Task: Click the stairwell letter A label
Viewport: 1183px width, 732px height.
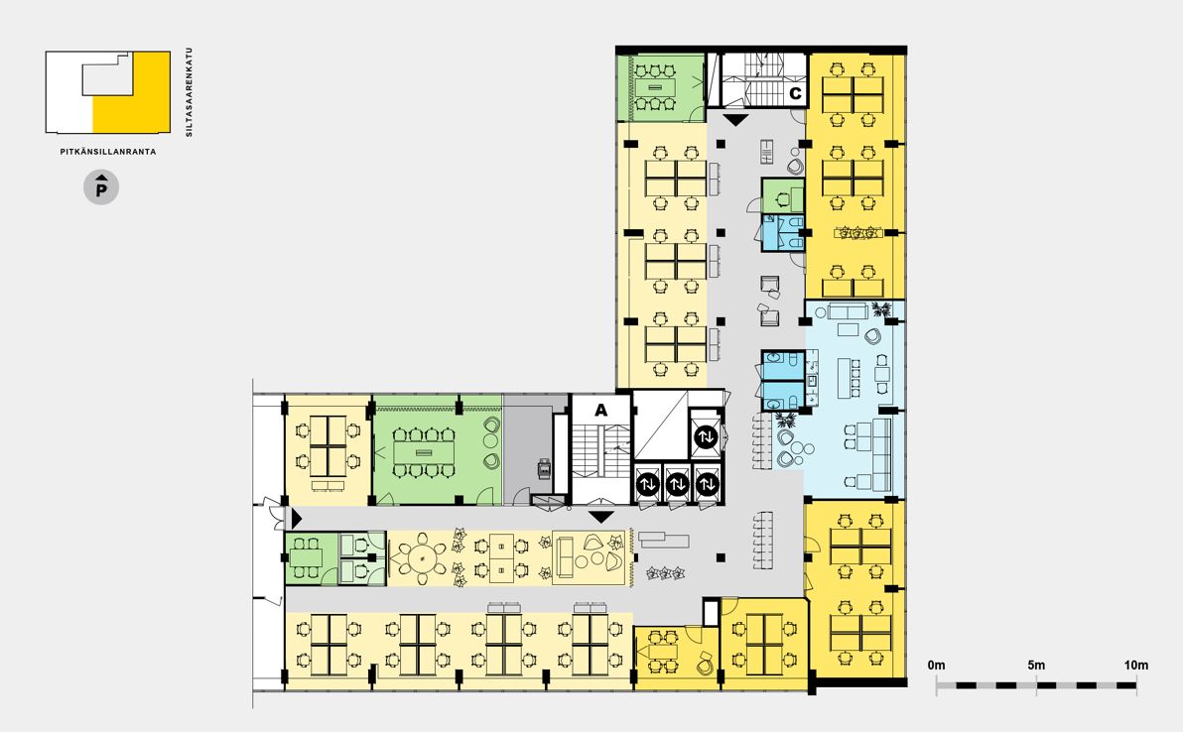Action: [600, 410]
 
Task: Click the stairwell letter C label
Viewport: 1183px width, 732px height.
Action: [795, 94]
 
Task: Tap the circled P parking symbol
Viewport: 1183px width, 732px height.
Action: [101, 186]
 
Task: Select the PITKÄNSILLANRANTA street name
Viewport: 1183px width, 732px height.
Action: [108, 152]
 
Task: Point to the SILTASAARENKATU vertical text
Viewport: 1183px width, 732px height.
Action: [190, 92]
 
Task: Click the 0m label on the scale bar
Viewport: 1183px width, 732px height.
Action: [936, 665]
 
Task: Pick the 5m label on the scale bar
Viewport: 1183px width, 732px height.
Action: [1036, 665]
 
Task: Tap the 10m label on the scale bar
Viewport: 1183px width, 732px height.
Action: [1136, 665]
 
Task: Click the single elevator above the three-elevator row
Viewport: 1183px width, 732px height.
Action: [707, 435]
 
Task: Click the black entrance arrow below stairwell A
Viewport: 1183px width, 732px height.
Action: [601, 517]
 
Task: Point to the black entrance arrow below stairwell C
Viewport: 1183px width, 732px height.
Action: [734, 120]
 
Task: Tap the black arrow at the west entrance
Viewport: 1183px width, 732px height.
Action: [297, 519]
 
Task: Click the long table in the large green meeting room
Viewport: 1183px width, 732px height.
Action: [423, 452]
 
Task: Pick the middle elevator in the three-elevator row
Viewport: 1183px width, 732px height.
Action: [677, 483]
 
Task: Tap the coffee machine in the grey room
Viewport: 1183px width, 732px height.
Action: [544, 468]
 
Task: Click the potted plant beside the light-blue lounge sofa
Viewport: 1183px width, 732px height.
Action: [880, 308]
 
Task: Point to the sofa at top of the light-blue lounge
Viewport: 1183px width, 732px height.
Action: [847, 310]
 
